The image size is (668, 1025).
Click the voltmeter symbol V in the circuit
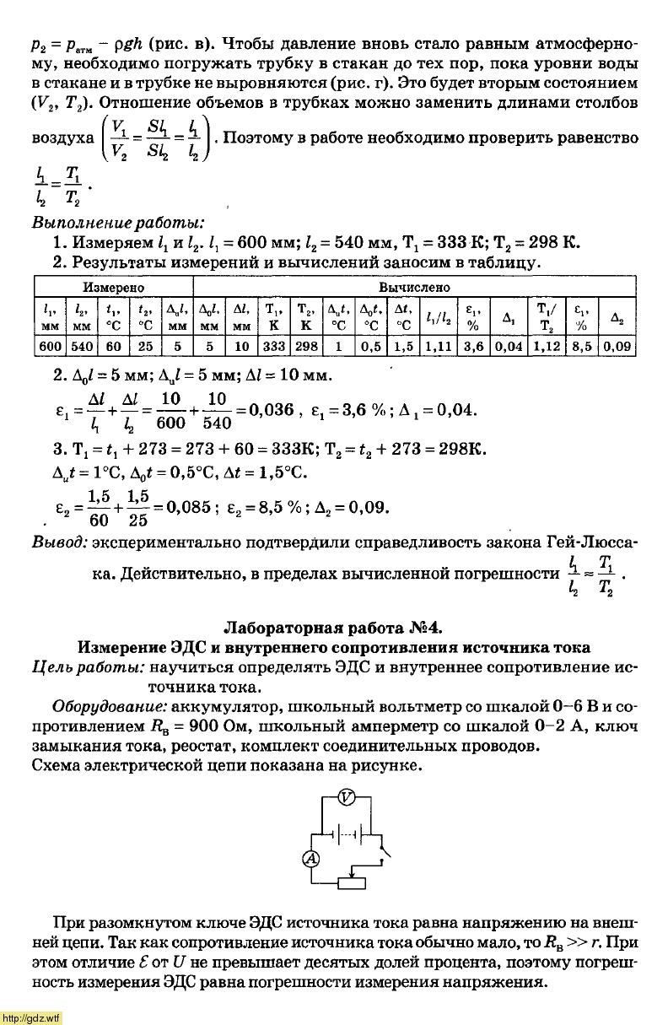pos(344,797)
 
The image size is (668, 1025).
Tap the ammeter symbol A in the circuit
pos(310,859)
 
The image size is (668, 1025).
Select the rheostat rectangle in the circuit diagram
pos(352,883)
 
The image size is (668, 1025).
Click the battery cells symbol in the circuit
pos(350,834)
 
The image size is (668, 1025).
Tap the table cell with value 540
pos(82,347)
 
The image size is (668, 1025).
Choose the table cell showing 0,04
pos(508,347)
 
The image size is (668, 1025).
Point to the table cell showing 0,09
pos(617,347)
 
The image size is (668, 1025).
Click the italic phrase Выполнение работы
pos(117,224)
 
